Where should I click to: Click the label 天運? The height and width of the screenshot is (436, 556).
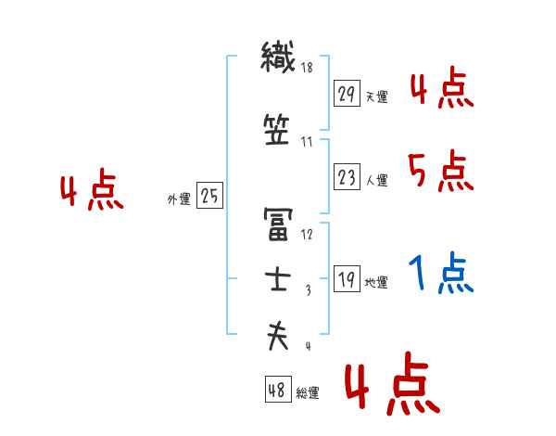[x=376, y=96]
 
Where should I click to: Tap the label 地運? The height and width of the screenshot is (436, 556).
[x=376, y=283]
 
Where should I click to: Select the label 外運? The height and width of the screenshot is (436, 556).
[x=180, y=199]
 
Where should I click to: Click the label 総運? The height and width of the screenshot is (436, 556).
[x=308, y=393]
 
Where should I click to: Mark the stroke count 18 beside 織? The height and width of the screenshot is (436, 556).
[x=307, y=68]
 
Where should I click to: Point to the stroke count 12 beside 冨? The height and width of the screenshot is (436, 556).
[x=307, y=233]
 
